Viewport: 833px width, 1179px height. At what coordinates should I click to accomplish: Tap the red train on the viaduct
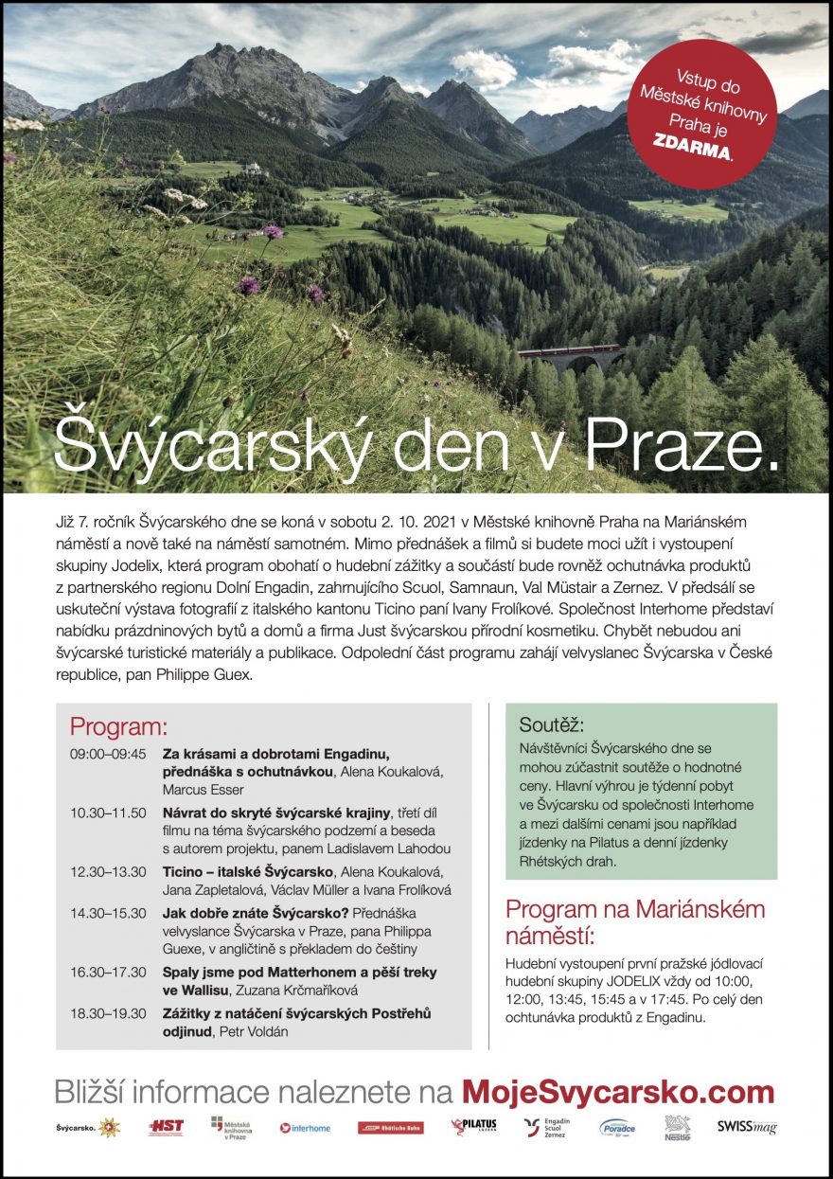pyautogui.click(x=567, y=350)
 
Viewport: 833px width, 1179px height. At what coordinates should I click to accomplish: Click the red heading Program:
pyautogui.click(x=118, y=727)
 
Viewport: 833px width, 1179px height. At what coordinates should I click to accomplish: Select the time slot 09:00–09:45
pyautogui.click(x=108, y=755)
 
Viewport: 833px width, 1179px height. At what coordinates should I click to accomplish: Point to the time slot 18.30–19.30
pyautogui.click(x=108, y=1013)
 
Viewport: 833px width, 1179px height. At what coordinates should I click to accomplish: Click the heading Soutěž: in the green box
pyautogui.click(x=552, y=725)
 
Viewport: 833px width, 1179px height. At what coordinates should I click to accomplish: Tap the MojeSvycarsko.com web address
pyautogui.click(x=618, y=1092)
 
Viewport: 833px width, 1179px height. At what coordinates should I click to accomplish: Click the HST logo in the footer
pyautogui.click(x=166, y=1127)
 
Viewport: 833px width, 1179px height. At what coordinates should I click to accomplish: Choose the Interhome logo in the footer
pyautogui.click(x=305, y=1128)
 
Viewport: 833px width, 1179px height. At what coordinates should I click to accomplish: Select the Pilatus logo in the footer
pyautogui.click(x=473, y=1126)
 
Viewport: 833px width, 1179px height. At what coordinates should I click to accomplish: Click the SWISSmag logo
pyautogui.click(x=747, y=1127)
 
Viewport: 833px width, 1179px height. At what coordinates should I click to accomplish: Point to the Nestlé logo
pyautogui.click(x=677, y=1126)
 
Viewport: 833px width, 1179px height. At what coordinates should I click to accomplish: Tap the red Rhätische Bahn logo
pyautogui.click(x=383, y=1128)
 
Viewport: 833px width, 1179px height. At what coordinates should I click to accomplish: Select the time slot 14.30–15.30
pyautogui.click(x=108, y=913)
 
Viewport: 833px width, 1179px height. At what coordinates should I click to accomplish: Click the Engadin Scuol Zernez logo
pyautogui.click(x=546, y=1127)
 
